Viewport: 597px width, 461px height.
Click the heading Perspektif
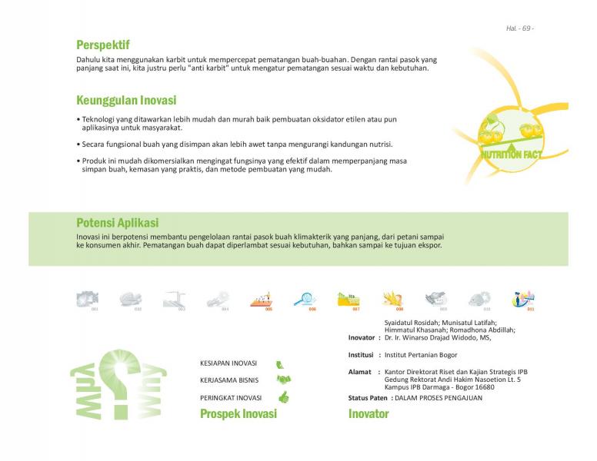[x=102, y=45]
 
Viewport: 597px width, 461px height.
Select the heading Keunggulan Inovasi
[x=126, y=101]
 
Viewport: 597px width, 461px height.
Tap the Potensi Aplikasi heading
[x=118, y=223]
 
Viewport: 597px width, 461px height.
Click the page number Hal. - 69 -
[x=520, y=28]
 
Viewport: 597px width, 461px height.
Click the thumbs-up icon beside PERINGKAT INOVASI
[x=283, y=397]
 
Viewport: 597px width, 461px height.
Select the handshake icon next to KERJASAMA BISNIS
[x=283, y=380]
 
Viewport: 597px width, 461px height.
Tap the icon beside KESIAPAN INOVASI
[x=281, y=363]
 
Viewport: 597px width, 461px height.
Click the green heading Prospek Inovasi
[x=238, y=414]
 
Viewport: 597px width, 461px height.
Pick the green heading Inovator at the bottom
[x=369, y=414]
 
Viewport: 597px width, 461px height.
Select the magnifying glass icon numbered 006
[x=305, y=299]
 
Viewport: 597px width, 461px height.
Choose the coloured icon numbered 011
[x=525, y=299]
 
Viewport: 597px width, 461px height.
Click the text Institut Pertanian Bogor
[x=421, y=355]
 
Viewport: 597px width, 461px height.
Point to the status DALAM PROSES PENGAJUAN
[x=439, y=398]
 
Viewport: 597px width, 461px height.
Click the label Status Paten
[x=368, y=398]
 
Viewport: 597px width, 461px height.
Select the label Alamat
[x=360, y=372]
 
